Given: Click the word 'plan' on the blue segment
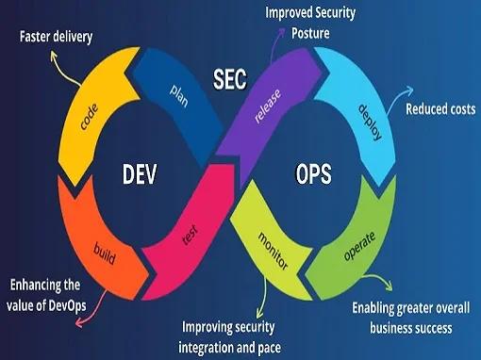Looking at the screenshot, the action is [179, 95].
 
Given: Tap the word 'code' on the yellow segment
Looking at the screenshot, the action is [89, 117].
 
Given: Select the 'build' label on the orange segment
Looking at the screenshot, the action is [105, 254].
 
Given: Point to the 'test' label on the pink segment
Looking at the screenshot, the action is [191, 235].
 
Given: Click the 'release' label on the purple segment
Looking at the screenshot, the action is [268, 106].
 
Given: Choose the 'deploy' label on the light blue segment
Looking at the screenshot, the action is [371, 123].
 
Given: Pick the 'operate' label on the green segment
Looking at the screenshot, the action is [359, 246].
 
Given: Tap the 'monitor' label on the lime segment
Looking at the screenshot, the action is [273, 251].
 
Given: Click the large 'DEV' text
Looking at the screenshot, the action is [140, 174].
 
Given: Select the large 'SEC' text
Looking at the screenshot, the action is [230, 79].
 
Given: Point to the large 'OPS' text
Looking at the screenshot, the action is [313, 173].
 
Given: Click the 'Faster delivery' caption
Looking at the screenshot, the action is [56, 37].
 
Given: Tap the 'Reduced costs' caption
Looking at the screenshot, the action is [440, 109].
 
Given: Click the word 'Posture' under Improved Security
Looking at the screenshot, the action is [310, 33].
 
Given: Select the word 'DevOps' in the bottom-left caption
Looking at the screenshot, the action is [67, 305].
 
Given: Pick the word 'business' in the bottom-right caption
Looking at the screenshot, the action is [390, 328].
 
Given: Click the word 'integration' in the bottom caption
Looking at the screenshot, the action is [207, 348].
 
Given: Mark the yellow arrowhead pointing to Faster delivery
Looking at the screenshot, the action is [54, 56].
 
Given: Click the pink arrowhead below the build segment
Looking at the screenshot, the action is [79, 322].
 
